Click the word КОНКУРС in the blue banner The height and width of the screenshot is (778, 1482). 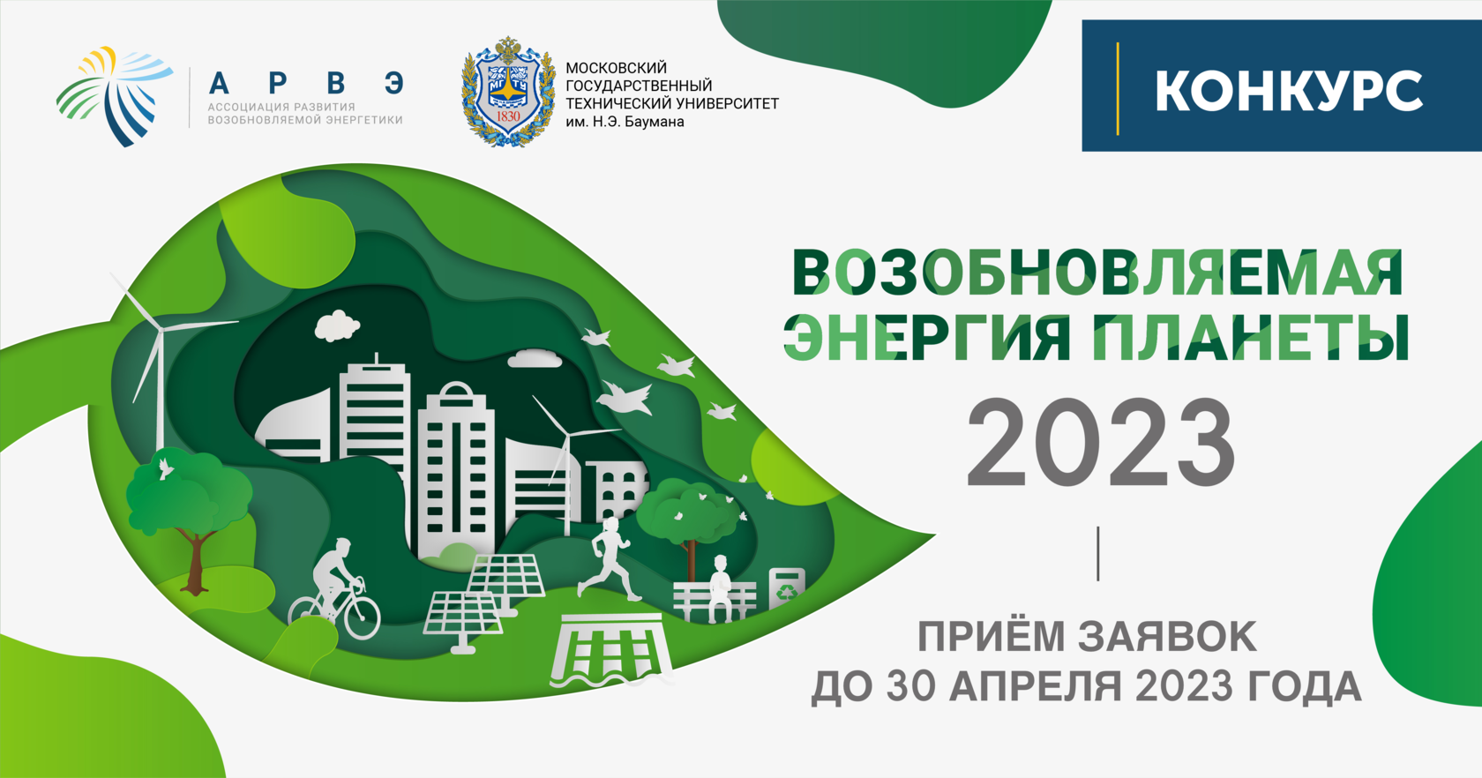pos(1289,91)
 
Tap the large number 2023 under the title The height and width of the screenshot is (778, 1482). pos(1100,443)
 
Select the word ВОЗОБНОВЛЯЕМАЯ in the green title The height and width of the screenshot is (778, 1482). pos(1097,273)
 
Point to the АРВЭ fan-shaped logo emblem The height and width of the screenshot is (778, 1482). pos(114,95)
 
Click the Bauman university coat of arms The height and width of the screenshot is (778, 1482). pos(508,91)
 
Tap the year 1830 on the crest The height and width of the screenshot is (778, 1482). pos(508,116)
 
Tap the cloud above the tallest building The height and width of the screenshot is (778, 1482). pos(337,325)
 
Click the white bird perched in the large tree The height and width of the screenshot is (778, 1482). pos(164,469)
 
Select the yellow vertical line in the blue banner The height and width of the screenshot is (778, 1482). pos(1118,89)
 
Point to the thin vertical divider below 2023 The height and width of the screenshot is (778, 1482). pos(1098,554)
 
